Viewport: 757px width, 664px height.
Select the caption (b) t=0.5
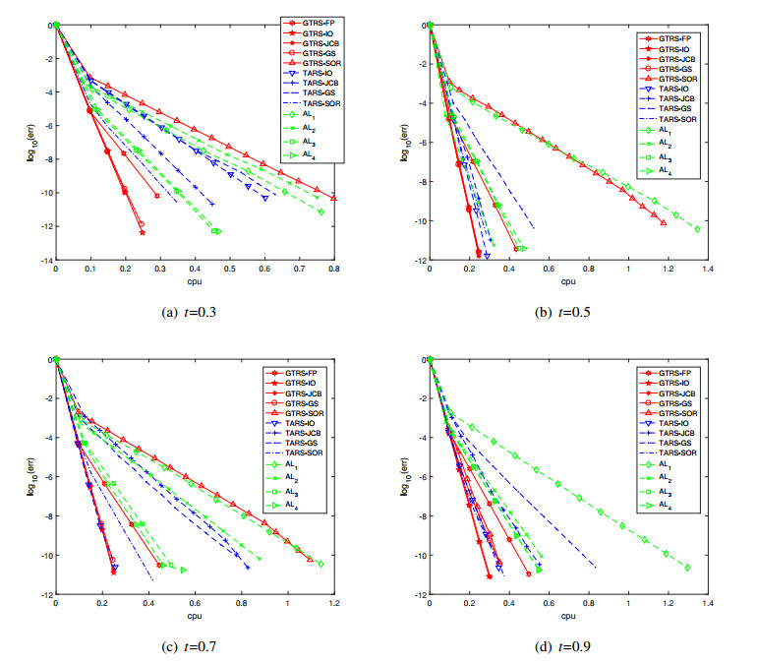(568, 314)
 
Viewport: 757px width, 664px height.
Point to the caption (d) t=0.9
(568, 646)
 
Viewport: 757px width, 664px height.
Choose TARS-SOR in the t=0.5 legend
(677, 118)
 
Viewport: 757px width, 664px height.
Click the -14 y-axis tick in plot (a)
(45, 260)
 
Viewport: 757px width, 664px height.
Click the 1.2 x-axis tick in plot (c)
(335, 604)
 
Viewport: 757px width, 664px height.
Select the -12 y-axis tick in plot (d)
(418, 594)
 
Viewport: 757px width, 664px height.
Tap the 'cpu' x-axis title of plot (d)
(567, 616)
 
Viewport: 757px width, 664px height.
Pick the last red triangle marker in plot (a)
(334, 198)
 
